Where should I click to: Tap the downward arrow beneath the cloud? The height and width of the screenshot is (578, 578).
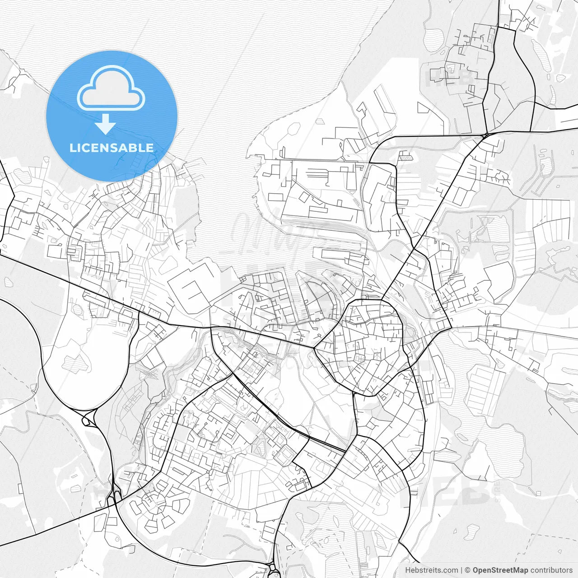pyautogui.click(x=106, y=124)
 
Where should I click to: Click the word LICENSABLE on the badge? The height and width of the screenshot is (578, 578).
pyautogui.click(x=112, y=148)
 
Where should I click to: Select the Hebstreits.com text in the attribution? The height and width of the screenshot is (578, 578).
pyautogui.click(x=431, y=570)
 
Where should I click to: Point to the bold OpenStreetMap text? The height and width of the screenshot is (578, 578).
pyautogui.click(x=500, y=570)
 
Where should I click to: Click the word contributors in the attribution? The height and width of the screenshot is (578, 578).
pyautogui.click(x=551, y=570)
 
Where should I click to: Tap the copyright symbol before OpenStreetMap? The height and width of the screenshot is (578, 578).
pyautogui.click(x=468, y=570)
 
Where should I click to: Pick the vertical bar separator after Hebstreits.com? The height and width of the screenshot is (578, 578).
pyautogui.click(x=461, y=570)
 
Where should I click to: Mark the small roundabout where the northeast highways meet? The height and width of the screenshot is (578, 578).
pyautogui.click(x=485, y=135)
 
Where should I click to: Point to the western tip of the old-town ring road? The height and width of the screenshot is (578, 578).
pyautogui.click(x=315, y=348)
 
